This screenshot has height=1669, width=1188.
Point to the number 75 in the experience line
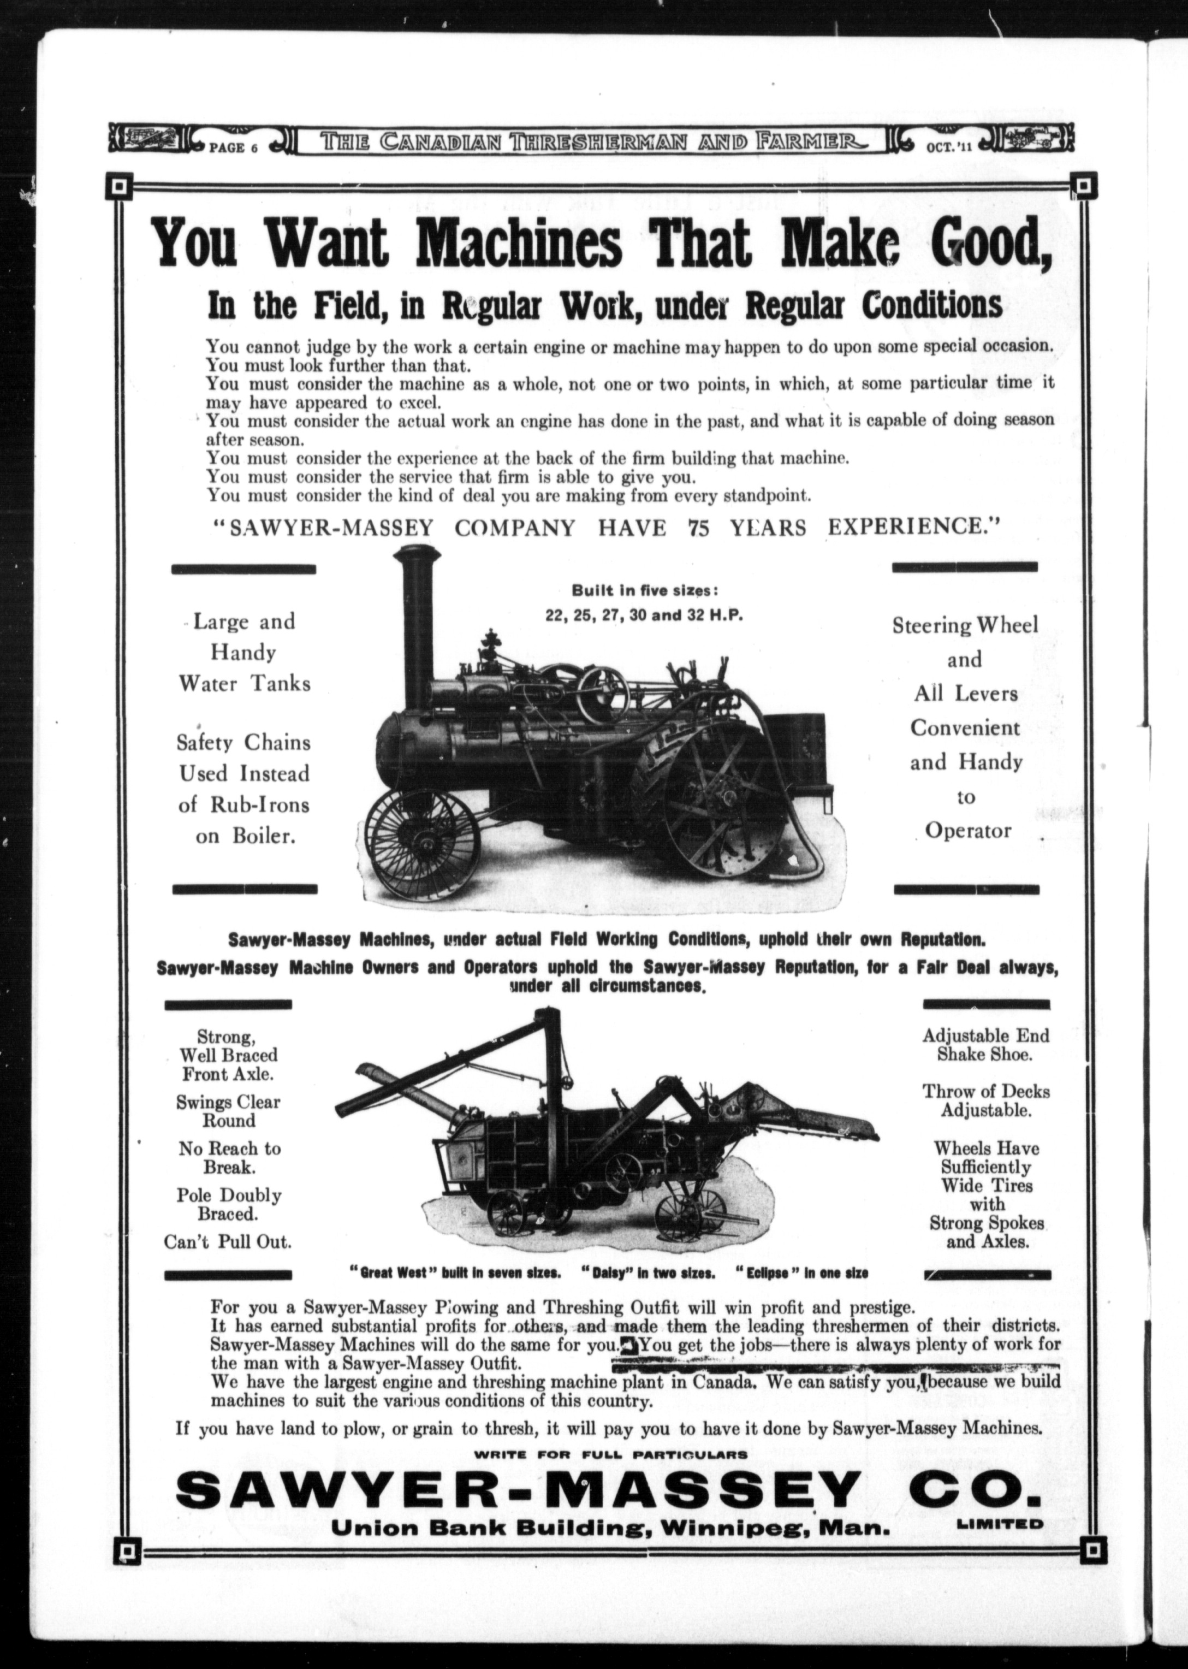point(699,528)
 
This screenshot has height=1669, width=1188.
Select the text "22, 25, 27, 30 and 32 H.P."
point(644,615)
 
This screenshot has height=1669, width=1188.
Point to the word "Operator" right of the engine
point(968,831)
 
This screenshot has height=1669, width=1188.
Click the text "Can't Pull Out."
point(228,1242)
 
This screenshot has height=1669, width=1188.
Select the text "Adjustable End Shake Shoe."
point(985,1045)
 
